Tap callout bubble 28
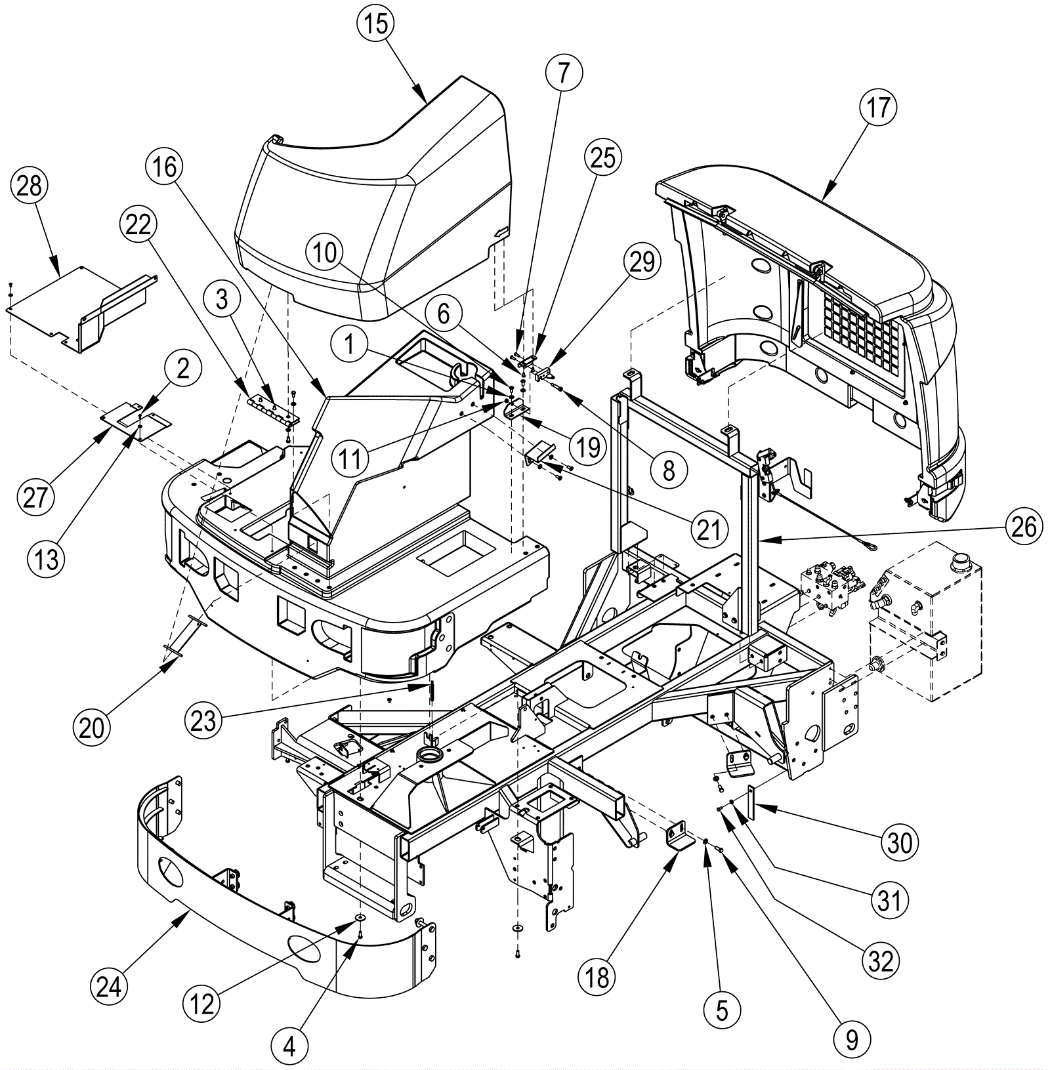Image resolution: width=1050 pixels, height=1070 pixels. coord(30,186)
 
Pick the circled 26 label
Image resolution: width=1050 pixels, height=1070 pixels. coord(1024,527)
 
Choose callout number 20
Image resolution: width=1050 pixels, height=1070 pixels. coord(92,727)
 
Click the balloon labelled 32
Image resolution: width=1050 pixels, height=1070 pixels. coord(881,961)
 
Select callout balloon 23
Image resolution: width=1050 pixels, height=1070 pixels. coord(203,721)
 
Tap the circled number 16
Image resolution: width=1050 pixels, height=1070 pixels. coord(165,167)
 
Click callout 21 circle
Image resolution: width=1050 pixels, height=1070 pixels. coord(709,529)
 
